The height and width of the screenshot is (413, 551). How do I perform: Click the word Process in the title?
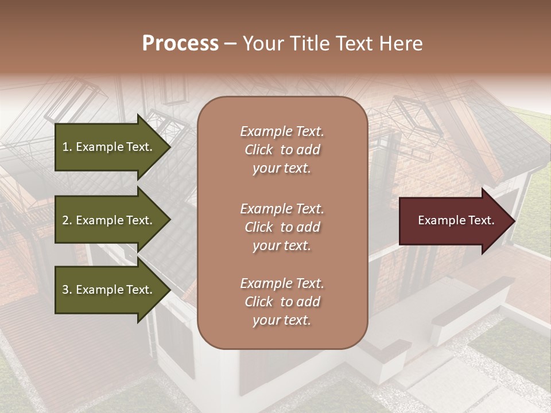(180, 44)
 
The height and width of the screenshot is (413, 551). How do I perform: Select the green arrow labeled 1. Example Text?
(109, 147)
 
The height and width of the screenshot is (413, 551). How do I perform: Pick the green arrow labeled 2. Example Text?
(109, 220)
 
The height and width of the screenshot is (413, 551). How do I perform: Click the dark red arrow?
(453, 221)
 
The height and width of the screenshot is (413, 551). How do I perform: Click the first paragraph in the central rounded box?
(282, 150)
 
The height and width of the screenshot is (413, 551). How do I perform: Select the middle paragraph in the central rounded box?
(282, 227)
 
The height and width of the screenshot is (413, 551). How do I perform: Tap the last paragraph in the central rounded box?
(282, 302)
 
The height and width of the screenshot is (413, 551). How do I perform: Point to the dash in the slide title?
(231, 44)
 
